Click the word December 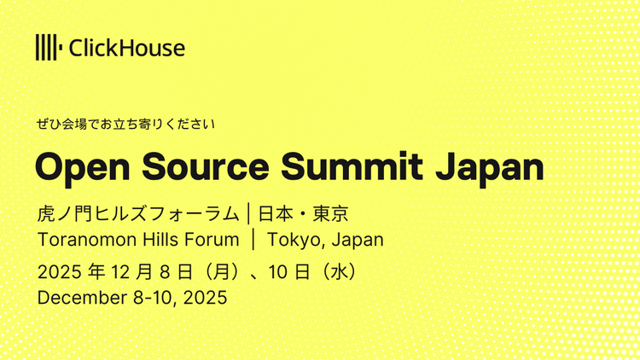(77, 299)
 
